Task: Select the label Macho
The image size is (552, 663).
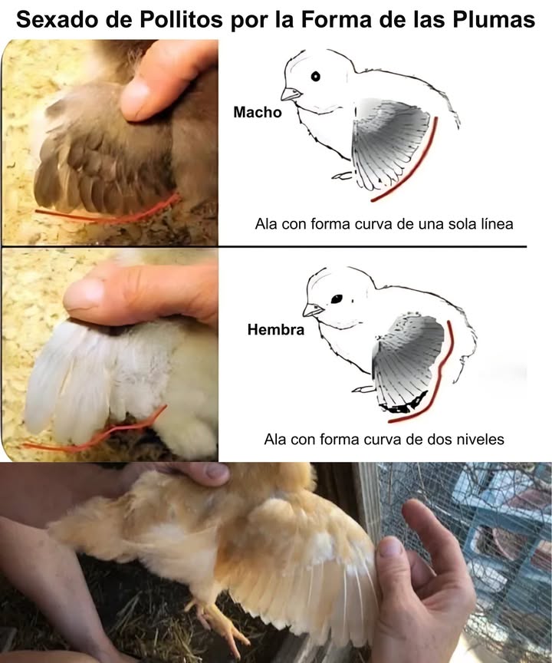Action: point(257,112)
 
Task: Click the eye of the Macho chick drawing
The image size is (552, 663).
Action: point(315,75)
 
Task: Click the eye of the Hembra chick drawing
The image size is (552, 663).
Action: point(336,297)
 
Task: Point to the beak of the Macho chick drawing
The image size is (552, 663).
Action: point(290,94)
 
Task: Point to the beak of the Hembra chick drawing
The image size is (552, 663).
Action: point(311,310)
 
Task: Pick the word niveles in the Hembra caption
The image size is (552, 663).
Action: point(477,440)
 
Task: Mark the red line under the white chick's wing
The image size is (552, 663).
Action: point(100,439)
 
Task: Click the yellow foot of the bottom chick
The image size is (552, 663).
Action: point(222,622)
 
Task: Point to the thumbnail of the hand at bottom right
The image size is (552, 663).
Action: point(390,547)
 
